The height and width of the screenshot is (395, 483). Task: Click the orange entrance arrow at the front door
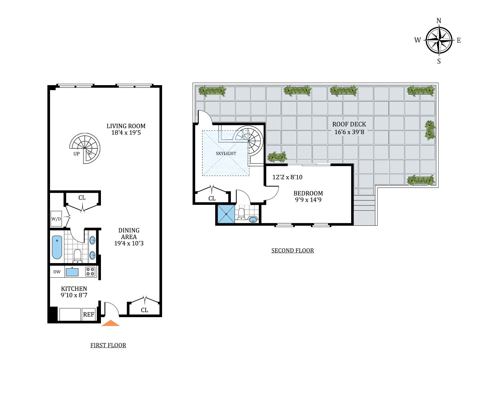(x=111, y=323)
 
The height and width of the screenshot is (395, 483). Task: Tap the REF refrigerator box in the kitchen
(x=88, y=315)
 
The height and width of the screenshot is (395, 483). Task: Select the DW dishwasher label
(x=57, y=272)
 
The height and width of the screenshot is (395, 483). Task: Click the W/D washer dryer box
(x=56, y=219)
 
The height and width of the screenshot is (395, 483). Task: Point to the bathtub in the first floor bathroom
(x=57, y=247)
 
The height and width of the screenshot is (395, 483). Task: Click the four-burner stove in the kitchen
(x=91, y=272)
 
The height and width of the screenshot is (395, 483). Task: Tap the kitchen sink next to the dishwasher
(x=72, y=272)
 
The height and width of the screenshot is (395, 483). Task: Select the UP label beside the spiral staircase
(x=76, y=154)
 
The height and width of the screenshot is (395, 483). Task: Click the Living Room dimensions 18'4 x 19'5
(x=126, y=133)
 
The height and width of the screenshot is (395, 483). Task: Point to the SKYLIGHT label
(x=226, y=153)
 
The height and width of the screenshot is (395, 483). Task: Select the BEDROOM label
(x=308, y=193)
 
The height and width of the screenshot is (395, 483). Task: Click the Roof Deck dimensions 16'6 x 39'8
(x=349, y=132)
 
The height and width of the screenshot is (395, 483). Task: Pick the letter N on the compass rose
(x=439, y=21)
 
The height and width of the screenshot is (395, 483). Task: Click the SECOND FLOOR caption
(x=293, y=250)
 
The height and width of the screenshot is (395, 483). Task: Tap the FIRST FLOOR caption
(x=108, y=345)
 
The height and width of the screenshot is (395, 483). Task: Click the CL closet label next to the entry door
(x=145, y=310)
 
